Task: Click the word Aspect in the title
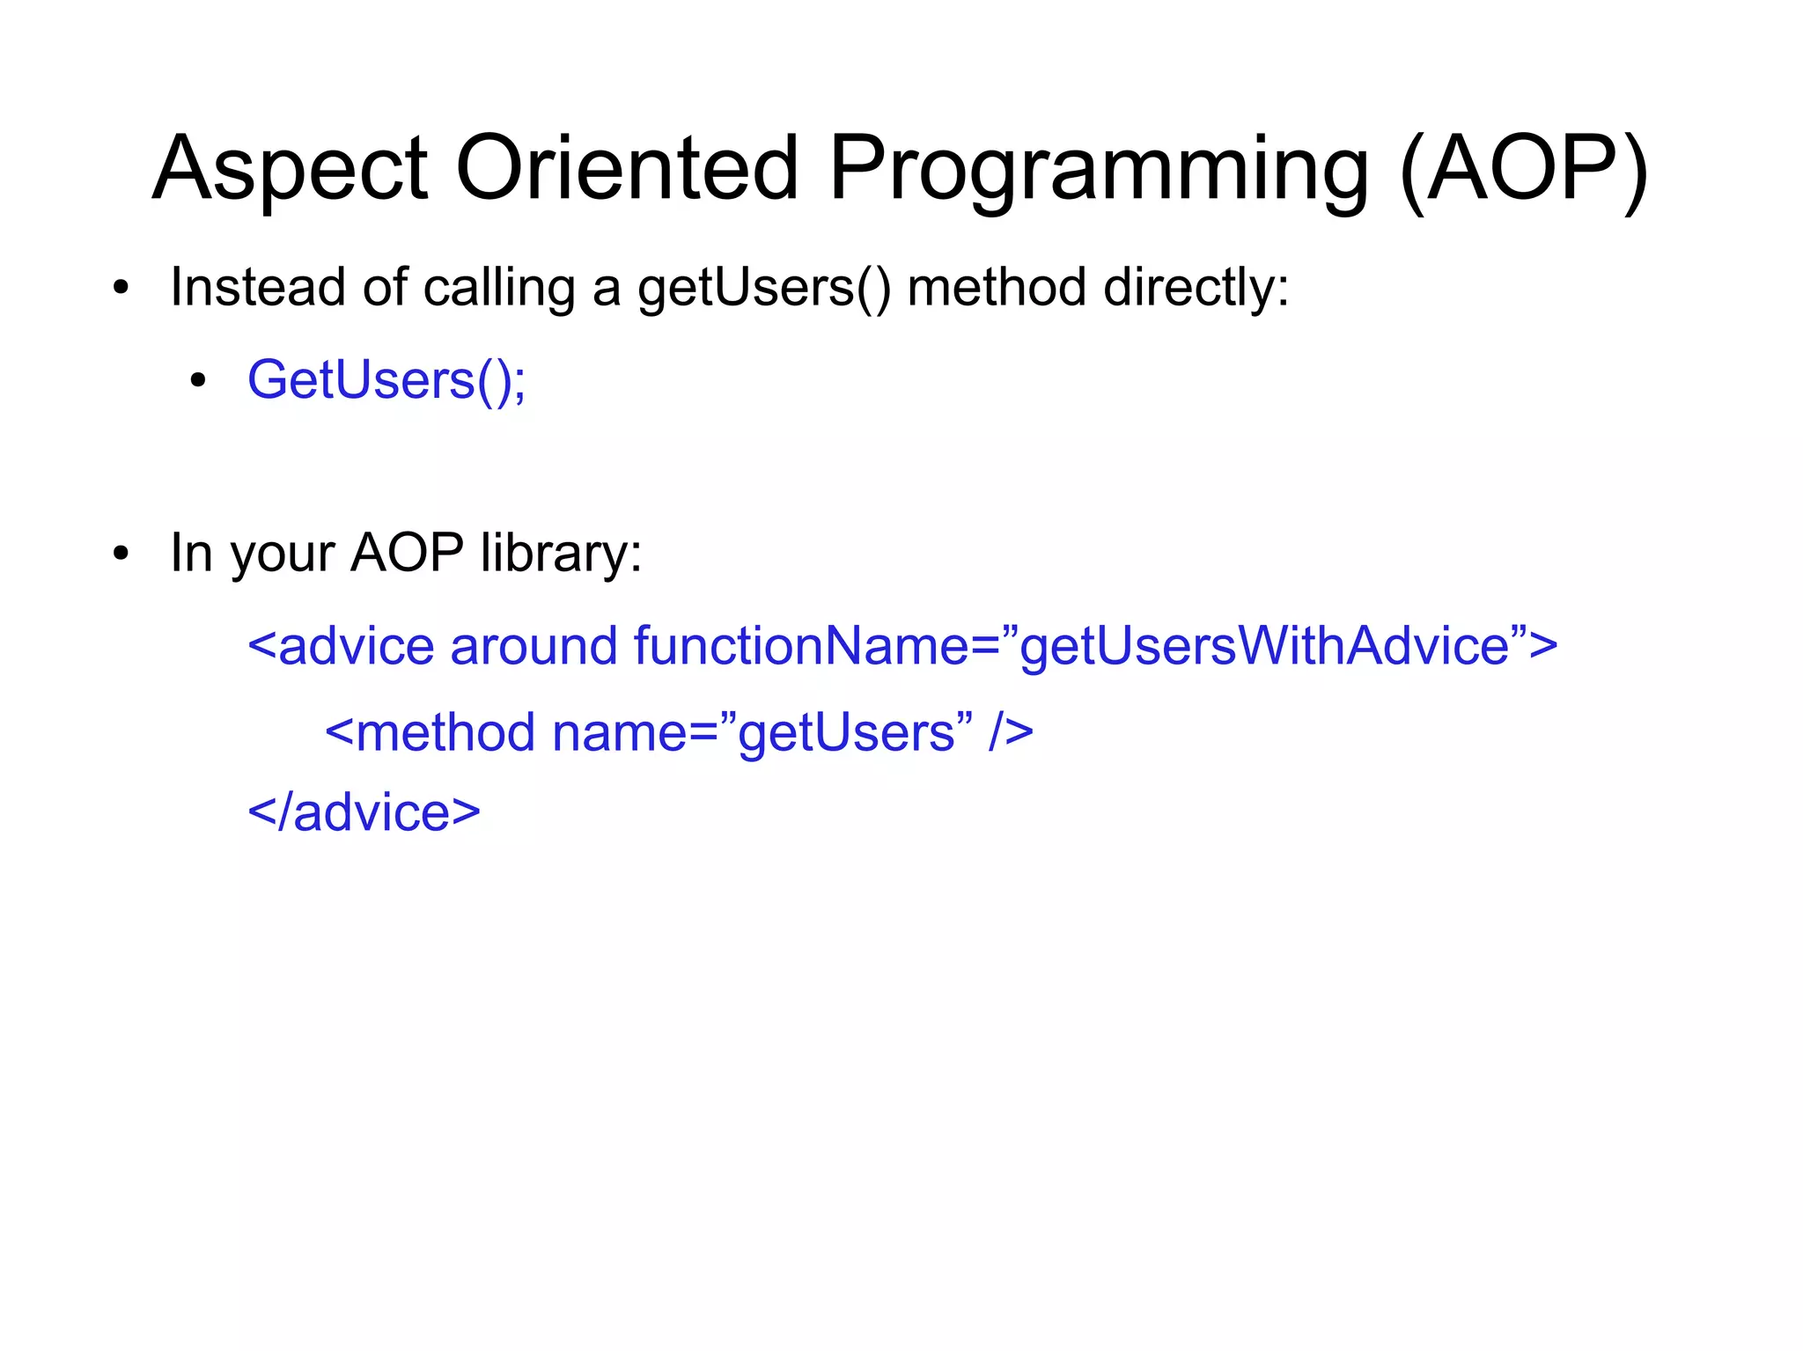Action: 291,169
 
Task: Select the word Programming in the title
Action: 1099,169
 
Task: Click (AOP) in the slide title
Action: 1523,169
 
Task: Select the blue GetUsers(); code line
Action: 386,380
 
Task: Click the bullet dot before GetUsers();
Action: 198,381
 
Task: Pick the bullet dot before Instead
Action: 121,289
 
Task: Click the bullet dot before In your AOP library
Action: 121,554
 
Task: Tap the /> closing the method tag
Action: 1010,732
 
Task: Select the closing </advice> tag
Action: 364,811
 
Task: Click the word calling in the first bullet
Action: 499,289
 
